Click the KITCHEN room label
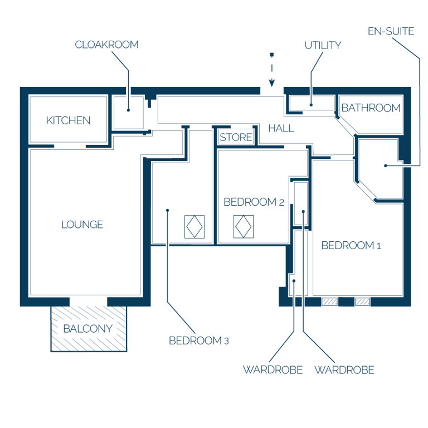click(x=68, y=120)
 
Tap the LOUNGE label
click(x=82, y=225)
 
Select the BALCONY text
click(x=88, y=329)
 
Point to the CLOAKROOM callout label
click(x=107, y=45)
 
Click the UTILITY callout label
click(x=323, y=45)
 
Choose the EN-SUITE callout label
click(x=391, y=31)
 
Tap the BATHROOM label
click(x=371, y=108)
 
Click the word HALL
click(x=281, y=128)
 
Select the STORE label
click(x=236, y=137)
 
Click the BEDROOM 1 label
click(x=351, y=245)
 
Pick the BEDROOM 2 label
click(x=254, y=202)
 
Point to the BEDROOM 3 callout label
click(x=199, y=341)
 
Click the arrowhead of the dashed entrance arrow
click(x=271, y=82)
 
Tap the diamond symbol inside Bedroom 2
click(x=244, y=227)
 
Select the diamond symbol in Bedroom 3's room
click(x=194, y=227)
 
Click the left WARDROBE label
click(x=273, y=370)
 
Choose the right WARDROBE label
click(x=344, y=370)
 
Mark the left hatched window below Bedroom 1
click(x=330, y=301)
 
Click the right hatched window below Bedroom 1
click(x=362, y=301)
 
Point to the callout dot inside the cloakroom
click(x=128, y=110)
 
